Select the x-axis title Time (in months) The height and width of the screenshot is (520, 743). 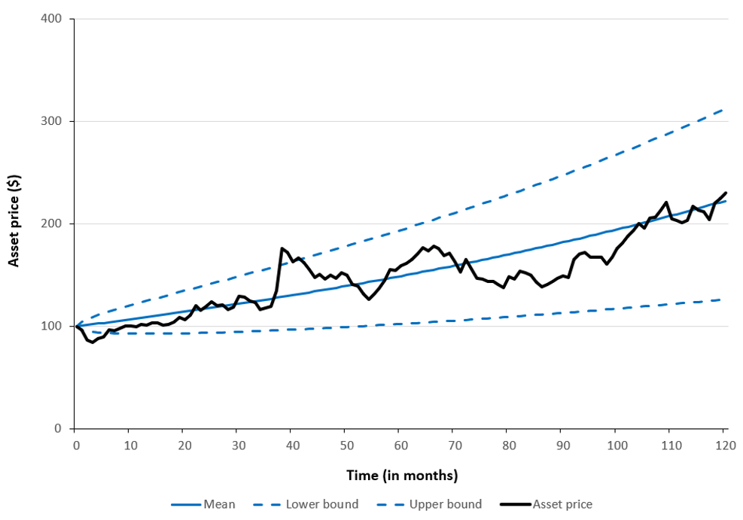[x=401, y=476]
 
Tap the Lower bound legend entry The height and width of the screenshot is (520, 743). [x=321, y=504]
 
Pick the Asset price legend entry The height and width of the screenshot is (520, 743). [x=562, y=504]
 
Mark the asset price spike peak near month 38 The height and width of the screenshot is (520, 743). [x=282, y=248]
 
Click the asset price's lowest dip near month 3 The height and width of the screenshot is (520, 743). [x=92, y=342]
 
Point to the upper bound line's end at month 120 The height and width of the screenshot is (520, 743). [x=723, y=109]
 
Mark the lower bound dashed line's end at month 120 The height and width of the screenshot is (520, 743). [x=723, y=300]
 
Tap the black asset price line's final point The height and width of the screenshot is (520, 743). [x=726, y=193]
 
